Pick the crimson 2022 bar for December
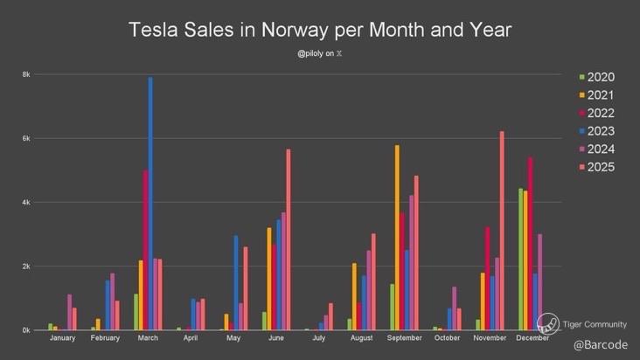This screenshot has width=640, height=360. pyautogui.click(x=531, y=244)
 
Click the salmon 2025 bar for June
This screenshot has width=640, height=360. pyautogui.click(x=289, y=239)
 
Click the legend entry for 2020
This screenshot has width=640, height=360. pyautogui.click(x=595, y=78)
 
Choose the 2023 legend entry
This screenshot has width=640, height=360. pyautogui.click(x=595, y=131)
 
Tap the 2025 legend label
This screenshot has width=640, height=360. pyautogui.click(x=600, y=167)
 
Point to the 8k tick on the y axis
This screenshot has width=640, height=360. pyautogui.click(x=26, y=74)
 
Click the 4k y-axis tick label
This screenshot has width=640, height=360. pyautogui.click(x=26, y=203)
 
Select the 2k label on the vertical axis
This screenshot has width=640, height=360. pyautogui.click(x=26, y=267)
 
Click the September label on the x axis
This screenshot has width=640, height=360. pyautogui.click(x=404, y=337)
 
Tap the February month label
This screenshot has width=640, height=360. pyautogui.click(x=105, y=337)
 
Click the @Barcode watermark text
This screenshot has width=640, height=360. pyautogui.click(x=600, y=345)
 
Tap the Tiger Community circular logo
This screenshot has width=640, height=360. pyautogui.click(x=547, y=323)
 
